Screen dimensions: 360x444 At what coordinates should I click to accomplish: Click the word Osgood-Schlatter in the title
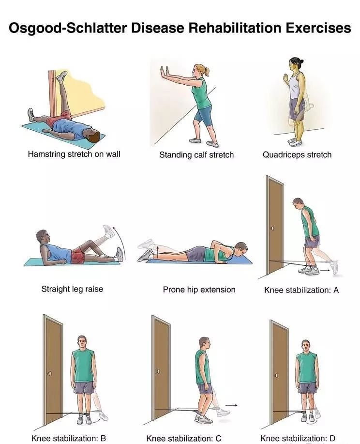67,28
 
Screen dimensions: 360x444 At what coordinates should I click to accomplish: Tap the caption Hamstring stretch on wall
74,154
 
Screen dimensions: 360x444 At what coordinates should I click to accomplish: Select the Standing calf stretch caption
196,154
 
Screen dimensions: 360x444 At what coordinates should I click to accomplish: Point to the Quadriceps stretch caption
297,154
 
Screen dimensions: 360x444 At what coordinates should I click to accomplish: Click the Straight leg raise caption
72,289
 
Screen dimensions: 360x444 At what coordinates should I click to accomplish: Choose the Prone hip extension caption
199,290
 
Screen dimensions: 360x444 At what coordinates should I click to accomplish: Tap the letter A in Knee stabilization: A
336,290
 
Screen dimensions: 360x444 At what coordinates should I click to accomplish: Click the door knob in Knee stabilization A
272,228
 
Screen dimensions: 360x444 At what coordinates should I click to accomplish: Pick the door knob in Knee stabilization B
50,374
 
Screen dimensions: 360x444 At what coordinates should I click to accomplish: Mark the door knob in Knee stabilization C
158,371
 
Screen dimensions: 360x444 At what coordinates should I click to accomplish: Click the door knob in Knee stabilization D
276,375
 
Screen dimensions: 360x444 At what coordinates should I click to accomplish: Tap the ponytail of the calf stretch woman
207,72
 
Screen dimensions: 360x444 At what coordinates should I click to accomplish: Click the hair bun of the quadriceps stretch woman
302,61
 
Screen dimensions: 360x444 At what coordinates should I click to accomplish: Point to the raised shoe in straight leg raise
109,230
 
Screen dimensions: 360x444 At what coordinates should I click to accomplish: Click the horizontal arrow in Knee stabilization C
231,405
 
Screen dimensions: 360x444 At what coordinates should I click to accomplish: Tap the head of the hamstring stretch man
93,137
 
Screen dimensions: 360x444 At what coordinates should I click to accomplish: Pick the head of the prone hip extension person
241,249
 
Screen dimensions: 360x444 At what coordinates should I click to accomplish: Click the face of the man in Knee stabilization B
82,344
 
